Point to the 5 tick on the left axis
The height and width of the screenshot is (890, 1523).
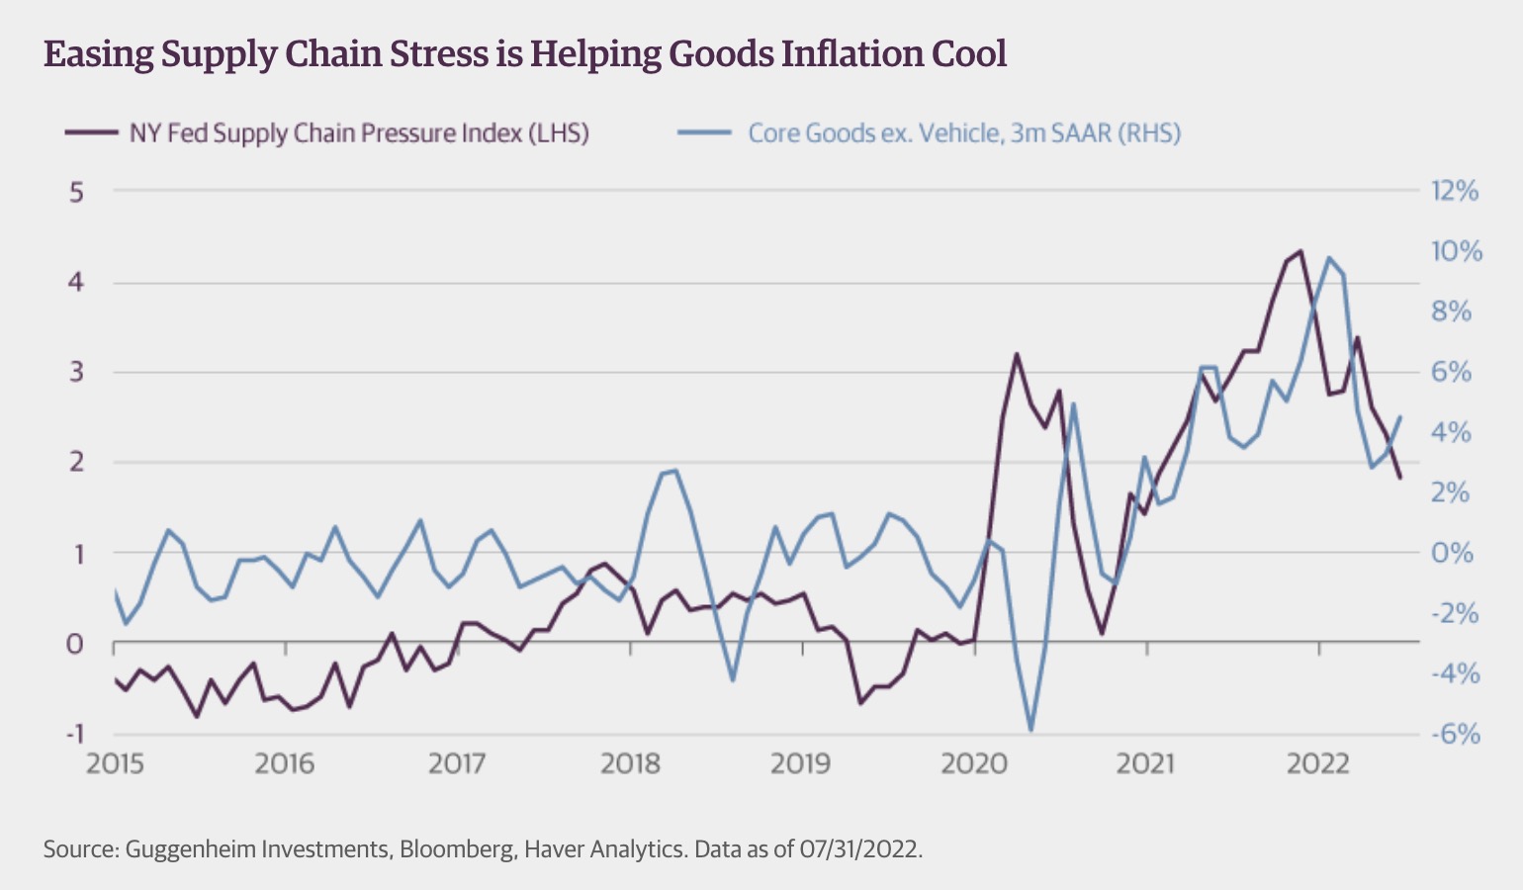[x=76, y=192]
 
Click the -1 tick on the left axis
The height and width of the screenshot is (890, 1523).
[x=73, y=734]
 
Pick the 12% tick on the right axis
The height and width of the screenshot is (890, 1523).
[x=1455, y=191]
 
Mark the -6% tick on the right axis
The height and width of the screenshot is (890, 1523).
[x=1455, y=734]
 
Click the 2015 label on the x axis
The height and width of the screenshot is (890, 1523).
[x=115, y=764]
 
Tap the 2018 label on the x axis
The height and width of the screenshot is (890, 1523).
[x=630, y=764]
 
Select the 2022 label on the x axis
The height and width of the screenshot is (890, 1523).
[x=1317, y=764]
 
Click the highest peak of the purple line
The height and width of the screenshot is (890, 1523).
[x=1300, y=251]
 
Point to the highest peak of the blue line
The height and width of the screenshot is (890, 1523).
[x=1329, y=258]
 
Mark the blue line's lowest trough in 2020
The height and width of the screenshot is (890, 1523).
[x=1031, y=731]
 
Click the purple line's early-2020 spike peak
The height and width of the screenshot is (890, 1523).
[x=1016, y=353]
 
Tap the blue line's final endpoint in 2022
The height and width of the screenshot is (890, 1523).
[x=1400, y=417]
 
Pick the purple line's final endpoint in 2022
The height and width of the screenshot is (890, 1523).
[x=1400, y=479]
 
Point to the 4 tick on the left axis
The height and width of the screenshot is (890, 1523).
[x=76, y=283]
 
